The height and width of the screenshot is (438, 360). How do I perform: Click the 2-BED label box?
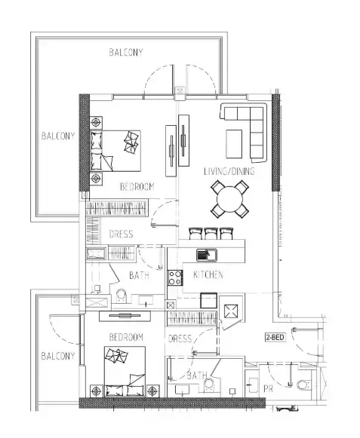pyautogui.click(x=275, y=337)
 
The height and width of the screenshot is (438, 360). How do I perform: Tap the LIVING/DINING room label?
pyautogui.click(x=229, y=171)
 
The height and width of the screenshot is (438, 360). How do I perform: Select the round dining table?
pyautogui.click(x=229, y=200)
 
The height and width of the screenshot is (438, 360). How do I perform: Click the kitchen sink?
pyautogui.click(x=207, y=255)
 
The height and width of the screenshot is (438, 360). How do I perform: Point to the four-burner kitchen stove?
pyautogui.click(x=175, y=277)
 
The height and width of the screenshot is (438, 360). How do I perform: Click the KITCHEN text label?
pyautogui.click(x=208, y=274)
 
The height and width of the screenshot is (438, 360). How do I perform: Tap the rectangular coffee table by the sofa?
pyautogui.click(x=234, y=144)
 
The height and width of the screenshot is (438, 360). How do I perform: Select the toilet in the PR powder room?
pyautogui.click(x=303, y=384)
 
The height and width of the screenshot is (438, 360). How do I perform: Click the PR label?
pyautogui.click(x=268, y=388)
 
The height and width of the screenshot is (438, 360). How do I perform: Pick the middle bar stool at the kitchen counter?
pyautogui.click(x=211, y=234)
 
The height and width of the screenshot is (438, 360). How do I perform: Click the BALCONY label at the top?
pyautogui.click(x=126, y=52)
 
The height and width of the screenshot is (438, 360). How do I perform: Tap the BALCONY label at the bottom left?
pyautogui.click(x=58, y=356)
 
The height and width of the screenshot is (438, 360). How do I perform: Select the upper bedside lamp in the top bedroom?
pyautogui.click(x=96, y=123)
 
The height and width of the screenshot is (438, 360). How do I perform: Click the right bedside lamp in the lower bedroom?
pyautogui.click(x=152, y=391)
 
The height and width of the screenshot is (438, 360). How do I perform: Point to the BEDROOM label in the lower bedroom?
pyautogui.click(x=126, y=337)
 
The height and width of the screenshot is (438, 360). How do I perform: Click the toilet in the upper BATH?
pyautogui.click(x=122, y=296)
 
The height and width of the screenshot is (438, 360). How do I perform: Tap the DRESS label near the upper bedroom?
pyautogui.click(x=121, y=234)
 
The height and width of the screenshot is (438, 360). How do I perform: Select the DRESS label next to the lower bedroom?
pyautogui.click(x=180, y=338)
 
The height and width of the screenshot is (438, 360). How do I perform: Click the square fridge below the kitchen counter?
pyautogui.click(x=208, y=300)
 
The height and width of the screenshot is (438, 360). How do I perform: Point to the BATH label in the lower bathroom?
pyautogui.click(x=197, y=375)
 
